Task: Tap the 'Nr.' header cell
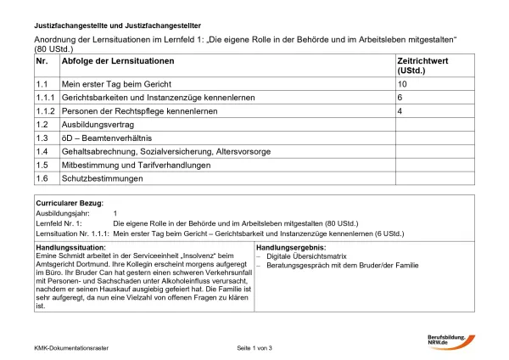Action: click(42, 63)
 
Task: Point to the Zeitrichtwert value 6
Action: click(400, 98)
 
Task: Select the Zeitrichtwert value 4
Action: click(400, 111)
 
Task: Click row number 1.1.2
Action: click(45, 111)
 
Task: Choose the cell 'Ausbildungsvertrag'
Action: click(96, 125)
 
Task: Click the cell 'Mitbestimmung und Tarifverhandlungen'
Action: click(133, 165)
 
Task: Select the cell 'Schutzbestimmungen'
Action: click(100, 178)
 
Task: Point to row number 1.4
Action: click(42, 151)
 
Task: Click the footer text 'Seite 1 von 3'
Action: click(255, 350)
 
